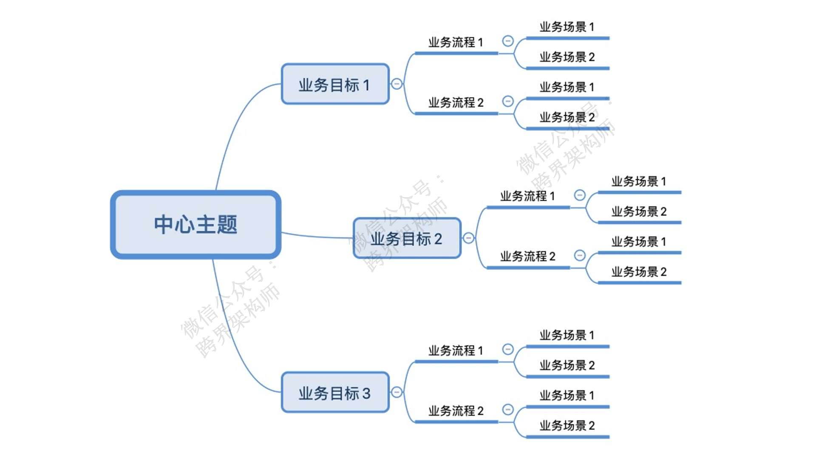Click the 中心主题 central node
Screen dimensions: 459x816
(x=195, y=224)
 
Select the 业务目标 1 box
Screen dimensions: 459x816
(x=335, y=84)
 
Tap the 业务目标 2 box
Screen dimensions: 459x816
(x=407, y=238)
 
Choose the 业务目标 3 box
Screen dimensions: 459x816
(x=335, y=393)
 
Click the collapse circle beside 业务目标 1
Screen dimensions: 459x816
(x=397, y=84)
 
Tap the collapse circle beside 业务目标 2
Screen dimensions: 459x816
(x=468, y=238)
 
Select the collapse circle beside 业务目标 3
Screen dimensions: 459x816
(x=397, y=392)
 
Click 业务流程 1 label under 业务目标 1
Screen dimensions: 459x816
(x=456, y=42)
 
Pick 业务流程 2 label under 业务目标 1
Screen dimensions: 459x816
(x=456, y=103)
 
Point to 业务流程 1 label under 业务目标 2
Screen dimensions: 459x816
(x=527, y=196)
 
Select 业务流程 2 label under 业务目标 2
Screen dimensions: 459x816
(x=527, y=257)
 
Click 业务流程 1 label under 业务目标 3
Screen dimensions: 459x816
(x=456, y=351)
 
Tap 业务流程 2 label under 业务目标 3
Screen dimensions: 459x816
(x=456, y=411)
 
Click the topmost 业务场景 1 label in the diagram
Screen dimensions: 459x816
(x=567, y=27)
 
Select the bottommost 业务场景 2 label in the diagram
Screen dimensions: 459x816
(x=567, y=426)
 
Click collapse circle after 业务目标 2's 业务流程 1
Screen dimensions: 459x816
(x=580, y=195)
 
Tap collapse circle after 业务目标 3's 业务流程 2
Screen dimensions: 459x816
(x=508, y=410)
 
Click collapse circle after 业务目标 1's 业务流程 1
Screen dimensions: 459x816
(x=508, y=41)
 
